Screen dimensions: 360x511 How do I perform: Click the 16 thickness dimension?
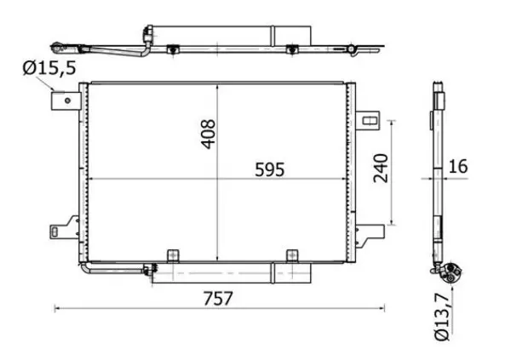click(457, 166)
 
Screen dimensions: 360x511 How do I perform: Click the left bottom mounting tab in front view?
click(173, 255)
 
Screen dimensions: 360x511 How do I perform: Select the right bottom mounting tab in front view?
click(293, 255)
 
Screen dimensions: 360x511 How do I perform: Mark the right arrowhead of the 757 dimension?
click(383, 308)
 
